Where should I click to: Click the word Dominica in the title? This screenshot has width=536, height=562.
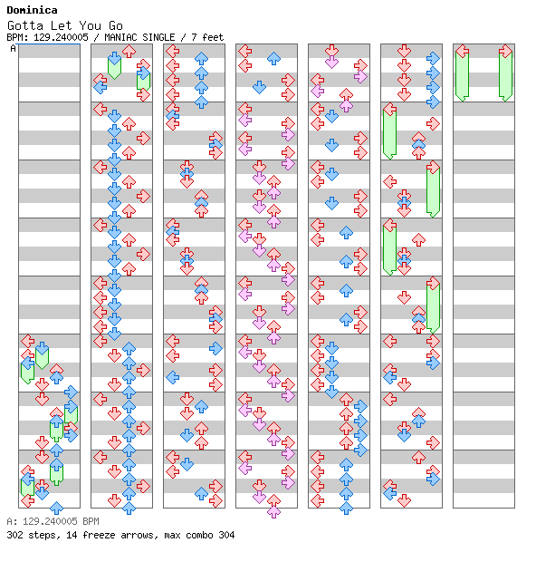point(32,10)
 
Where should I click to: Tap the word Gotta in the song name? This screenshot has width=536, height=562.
point(25,25)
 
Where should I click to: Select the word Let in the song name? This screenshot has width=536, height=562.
point(62,25)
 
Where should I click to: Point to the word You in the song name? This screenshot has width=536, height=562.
point(91,25)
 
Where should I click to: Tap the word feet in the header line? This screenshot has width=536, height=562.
point(213,37)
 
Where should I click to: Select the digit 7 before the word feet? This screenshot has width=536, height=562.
point(194,37)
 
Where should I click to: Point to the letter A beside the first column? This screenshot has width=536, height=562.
point(14,48)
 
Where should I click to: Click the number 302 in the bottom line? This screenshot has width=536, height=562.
point(14,535)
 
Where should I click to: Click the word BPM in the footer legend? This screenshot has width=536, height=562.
point(91,521)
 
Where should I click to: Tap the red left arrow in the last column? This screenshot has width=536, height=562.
point(463,52)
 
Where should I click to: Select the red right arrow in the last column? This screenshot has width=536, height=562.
point(505,52)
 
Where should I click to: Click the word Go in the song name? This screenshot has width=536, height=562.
point(116,25)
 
